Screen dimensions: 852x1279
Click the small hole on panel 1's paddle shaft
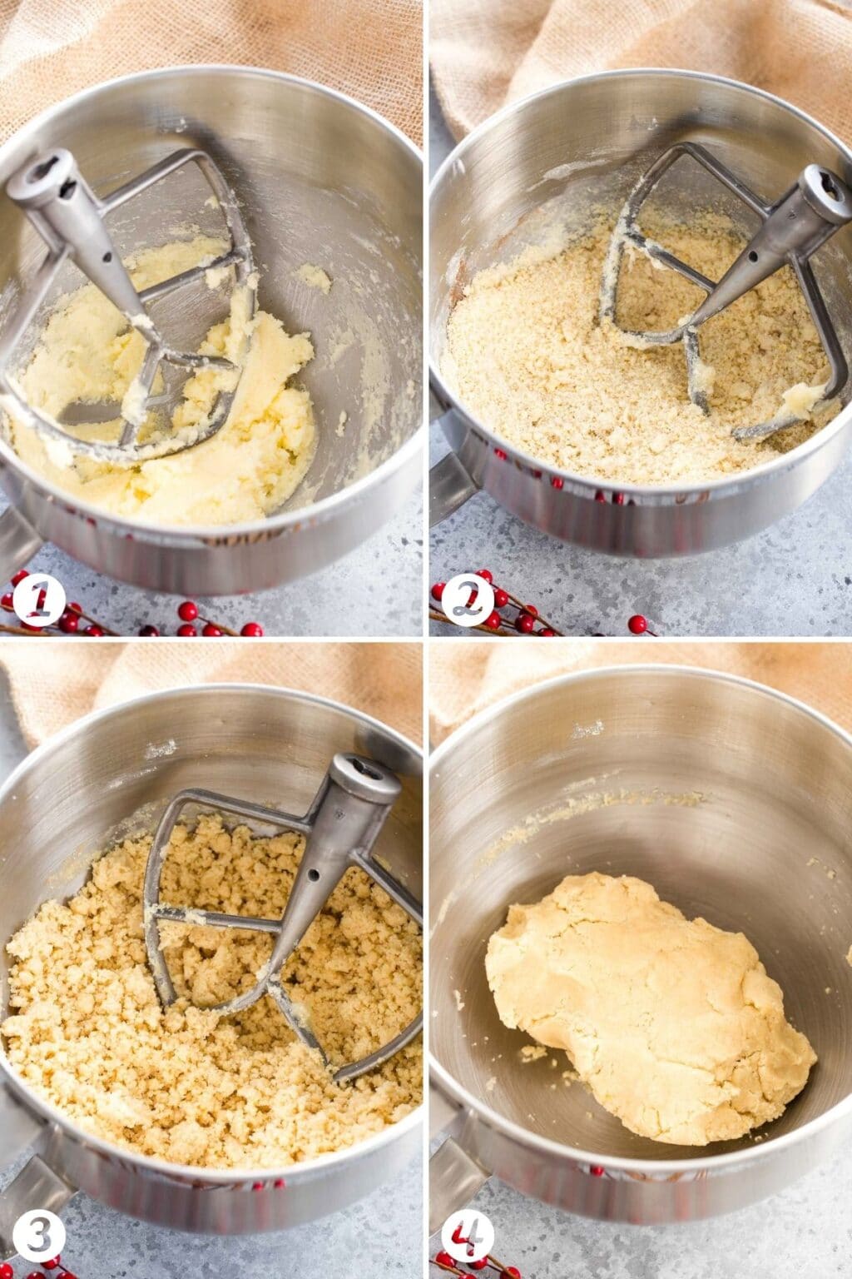pyautogui.click(x=106, y=258)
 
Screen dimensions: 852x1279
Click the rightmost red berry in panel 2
pyautogui.click(x=637, y=623)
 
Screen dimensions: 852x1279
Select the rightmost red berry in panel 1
pyautogui.click(x=252, y=629)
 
